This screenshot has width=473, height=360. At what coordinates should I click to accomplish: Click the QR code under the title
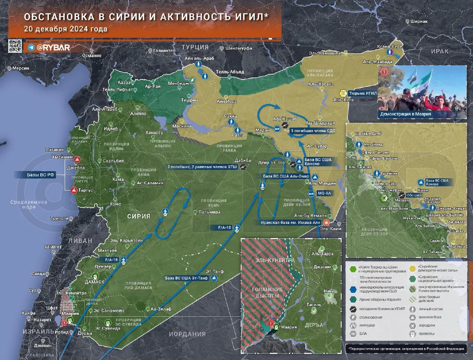pyautogui.click(x=15, y=46)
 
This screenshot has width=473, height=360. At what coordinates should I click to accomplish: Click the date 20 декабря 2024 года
pyautogui.click(x=66, y=29)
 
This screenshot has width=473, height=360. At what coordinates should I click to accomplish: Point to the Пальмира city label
pyautogui.click(x=209, y=212)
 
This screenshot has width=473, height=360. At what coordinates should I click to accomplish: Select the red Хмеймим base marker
pyautogui.click(x=77, y=160)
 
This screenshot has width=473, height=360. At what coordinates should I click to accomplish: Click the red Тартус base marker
pyautogui.click(x=73, y=191)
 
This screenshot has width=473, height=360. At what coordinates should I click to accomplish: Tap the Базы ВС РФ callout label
pyautogui.click(x=41, y=175)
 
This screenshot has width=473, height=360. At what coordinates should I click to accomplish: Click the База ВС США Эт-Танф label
pyautogui.click(x=187, y=278)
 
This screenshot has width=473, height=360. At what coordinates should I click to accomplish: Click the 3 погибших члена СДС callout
pyautogui.click(x=313, y=130)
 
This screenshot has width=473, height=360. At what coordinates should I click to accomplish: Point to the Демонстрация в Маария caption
pyautogui.click(x=406, y=114)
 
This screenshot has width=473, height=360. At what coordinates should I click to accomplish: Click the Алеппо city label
pyautogui.click(x=138, y=114)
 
